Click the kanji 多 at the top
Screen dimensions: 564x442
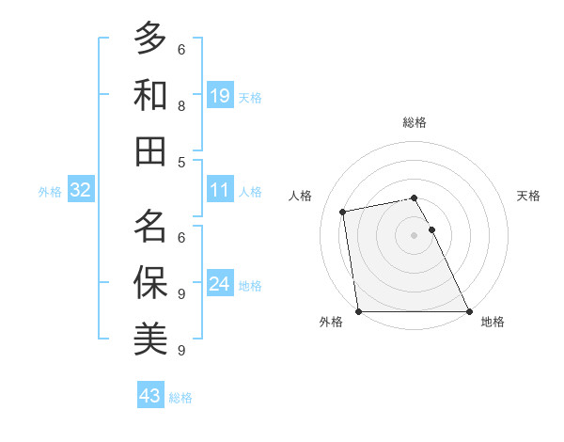pyautogui.click(x=150, y=38)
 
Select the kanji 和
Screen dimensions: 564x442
pyautogui.click(x=150, y=94)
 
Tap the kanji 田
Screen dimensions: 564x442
pyautogui.click(x=150, y=150)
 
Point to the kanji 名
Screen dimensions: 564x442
pyautogui.click(x=150, y=226)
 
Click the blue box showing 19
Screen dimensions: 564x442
pyautogui.click(x=220, y=95)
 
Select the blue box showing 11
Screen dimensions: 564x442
pyautogui.click(x=220, y=191)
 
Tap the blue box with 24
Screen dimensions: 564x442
pyautogui.click(x=220, y=285)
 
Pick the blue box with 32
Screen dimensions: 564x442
pyautogui.click(x=81, y=191)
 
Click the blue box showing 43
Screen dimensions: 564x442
pyautogui.click(x=150, y=396)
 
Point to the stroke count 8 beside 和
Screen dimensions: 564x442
pyautogui.click(x=181, y=106)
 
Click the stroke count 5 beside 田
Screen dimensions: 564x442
pyautogui.click(x=181, y=163)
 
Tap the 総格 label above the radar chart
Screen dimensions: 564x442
pyautogui.click(x=414, y=122)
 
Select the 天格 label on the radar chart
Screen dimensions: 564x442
pyautogui.click(x=528, y=196)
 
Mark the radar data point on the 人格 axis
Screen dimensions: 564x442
pyautogui.click(x=344, y=212)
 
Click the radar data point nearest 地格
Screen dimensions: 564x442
pyautogui.click(x=468, y=311)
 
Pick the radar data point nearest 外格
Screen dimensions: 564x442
pyautogui.click(x=359, y=311)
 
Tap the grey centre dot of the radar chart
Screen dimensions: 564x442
pyautogui.click(x=414, y=235)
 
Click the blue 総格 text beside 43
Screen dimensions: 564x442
pyautogui.click(x=180, y=398)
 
